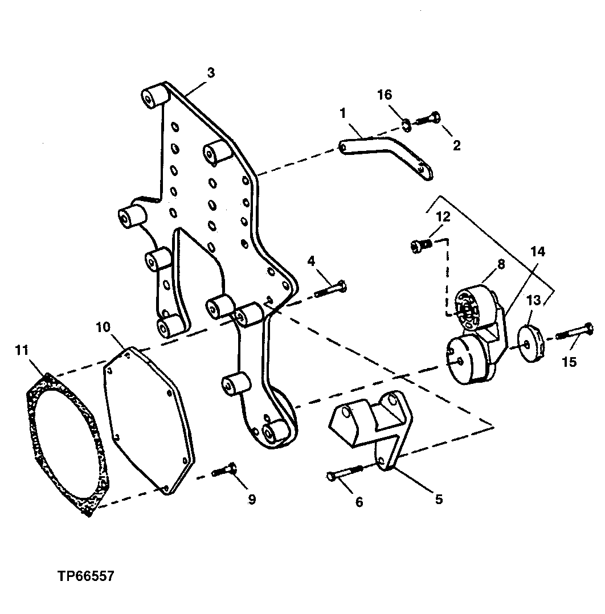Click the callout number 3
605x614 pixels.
211,73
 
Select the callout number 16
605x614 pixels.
385,95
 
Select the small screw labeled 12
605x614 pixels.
422,245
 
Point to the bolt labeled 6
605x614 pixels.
345,472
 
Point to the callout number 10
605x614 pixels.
103,328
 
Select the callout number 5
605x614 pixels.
439,500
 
